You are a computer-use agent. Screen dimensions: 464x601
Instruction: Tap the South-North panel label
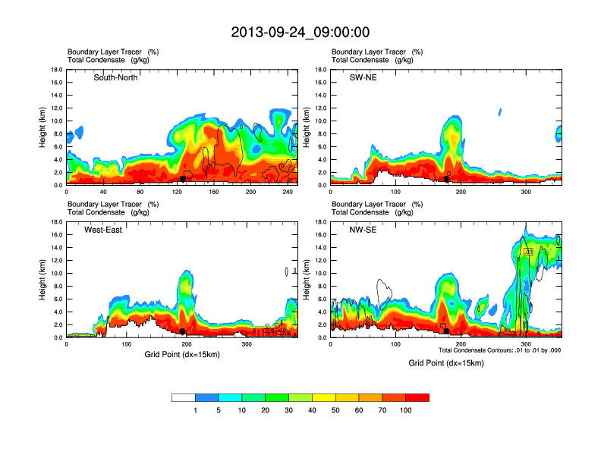[115, 77]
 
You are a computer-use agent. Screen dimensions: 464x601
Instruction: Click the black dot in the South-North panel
[183, 179]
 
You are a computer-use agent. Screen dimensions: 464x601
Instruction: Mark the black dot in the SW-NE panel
[447, 179]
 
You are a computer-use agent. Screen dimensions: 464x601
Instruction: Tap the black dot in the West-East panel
[183, 331]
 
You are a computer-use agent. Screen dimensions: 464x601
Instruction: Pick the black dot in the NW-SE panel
[447, 331]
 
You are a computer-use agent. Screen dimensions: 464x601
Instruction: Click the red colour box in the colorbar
[417, 397]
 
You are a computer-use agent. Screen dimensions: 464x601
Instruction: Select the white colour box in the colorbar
[184, 397]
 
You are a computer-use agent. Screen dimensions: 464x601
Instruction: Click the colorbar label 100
[406, 410]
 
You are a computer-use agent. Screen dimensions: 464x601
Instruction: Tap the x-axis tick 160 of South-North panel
[216, 191]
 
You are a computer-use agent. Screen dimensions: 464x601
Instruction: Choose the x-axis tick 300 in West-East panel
[246, 343]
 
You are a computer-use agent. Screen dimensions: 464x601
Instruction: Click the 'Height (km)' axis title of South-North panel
[42, 127]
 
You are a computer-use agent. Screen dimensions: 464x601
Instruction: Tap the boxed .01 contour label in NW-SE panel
[528, 251]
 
